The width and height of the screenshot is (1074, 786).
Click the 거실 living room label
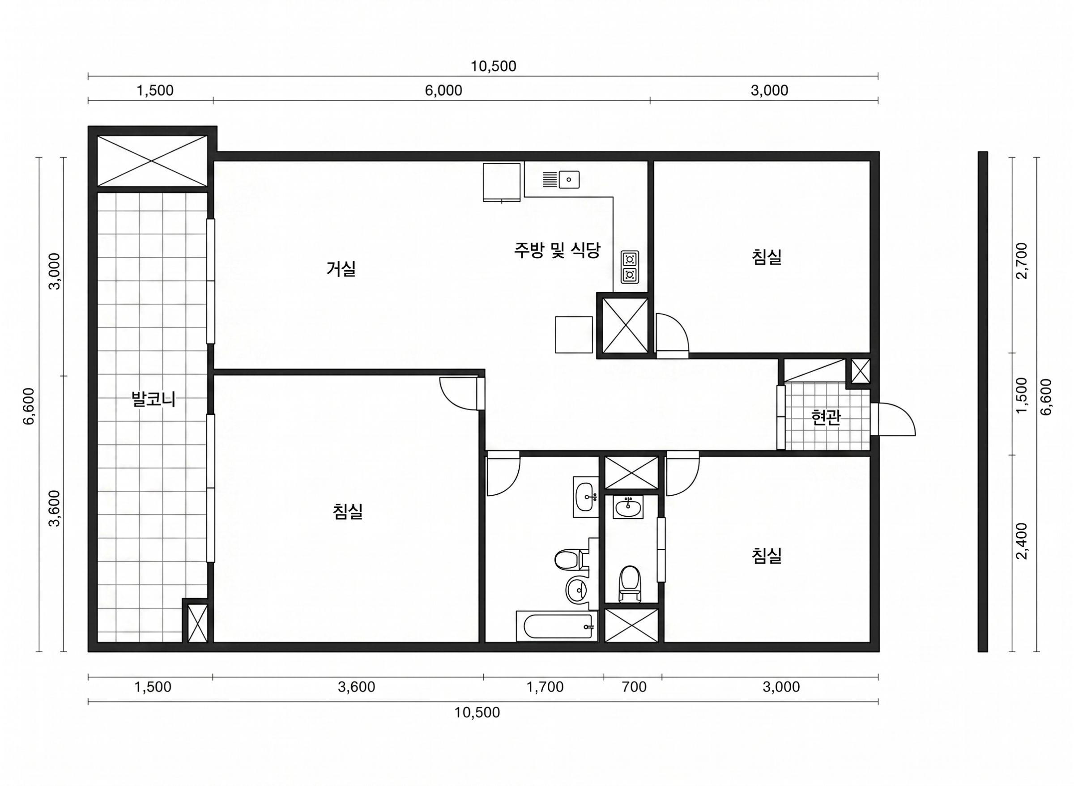pos(341,269)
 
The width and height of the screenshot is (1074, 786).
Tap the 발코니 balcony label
pos(153,399)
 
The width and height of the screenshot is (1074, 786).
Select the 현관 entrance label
pos(826,417)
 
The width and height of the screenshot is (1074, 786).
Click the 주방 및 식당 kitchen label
pos(557,250)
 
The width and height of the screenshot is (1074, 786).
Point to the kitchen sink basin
pos(569,180)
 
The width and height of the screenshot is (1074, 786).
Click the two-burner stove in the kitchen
pos(630,266)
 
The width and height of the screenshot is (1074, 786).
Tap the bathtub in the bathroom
pos(557,626)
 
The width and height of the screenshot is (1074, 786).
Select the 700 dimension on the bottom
pos(634,687)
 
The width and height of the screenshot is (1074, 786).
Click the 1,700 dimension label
pos(545,687)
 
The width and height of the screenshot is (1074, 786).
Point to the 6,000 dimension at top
pos(443,90)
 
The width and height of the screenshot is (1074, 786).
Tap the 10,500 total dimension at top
pos(494,66)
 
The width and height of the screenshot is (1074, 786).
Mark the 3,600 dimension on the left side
pos(55,508)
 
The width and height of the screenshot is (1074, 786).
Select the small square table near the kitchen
pos(574,335)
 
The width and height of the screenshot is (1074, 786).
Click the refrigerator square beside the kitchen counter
pos(502,182)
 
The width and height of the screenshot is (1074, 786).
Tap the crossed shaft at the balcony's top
pos(152,161)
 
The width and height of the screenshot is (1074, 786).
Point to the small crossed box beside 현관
pos(860,371)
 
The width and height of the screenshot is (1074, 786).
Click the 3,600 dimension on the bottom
pos(356,687)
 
